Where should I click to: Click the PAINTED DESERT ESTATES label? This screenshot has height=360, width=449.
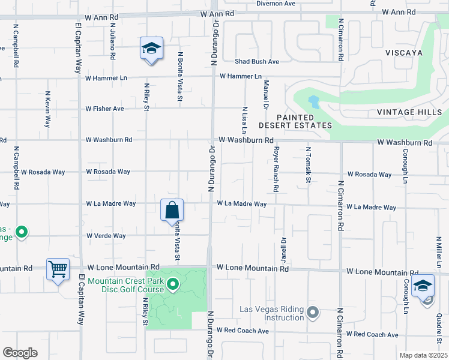coord(295,121)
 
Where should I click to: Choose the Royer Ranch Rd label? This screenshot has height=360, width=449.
coord(276,170)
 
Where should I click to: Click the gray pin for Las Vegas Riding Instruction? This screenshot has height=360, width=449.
coord(312,312)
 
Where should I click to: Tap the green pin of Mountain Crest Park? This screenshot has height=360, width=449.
coord(173,284)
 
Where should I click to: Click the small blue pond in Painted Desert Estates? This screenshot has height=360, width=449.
coord(313,101)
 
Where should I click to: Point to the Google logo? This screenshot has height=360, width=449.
coord(20,353)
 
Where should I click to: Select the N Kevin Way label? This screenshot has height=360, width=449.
coord(47,109)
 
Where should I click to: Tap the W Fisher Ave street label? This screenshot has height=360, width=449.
coord(104,109)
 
